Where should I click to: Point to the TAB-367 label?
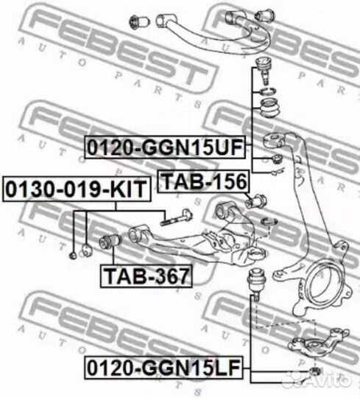[x=146, y=276]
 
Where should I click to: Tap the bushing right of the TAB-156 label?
[x=259, y=199]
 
